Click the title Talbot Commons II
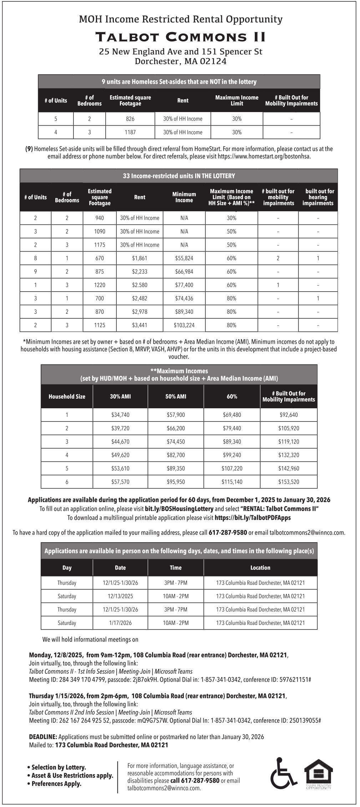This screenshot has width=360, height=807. [180, 37]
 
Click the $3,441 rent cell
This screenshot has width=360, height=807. [140, 325]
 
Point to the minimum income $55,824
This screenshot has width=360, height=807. [184, 258]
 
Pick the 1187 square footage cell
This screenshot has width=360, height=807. [130, 132]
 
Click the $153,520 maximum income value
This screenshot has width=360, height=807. [289, 482]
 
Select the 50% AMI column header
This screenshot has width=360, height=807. [176, 397]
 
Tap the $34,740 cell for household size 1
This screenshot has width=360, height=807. [120, 415]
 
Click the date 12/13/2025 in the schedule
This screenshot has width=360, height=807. [120, 596]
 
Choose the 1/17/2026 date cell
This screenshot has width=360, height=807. [120, 623]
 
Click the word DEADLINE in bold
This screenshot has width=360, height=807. [43, 737]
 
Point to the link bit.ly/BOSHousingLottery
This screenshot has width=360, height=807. [179, 509]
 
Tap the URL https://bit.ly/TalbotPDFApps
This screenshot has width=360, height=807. [253, 518]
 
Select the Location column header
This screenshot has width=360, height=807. [260, 568]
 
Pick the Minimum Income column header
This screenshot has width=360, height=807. [184, 197]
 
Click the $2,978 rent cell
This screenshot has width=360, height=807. [140, 312]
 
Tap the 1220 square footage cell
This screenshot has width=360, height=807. [100, 285]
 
